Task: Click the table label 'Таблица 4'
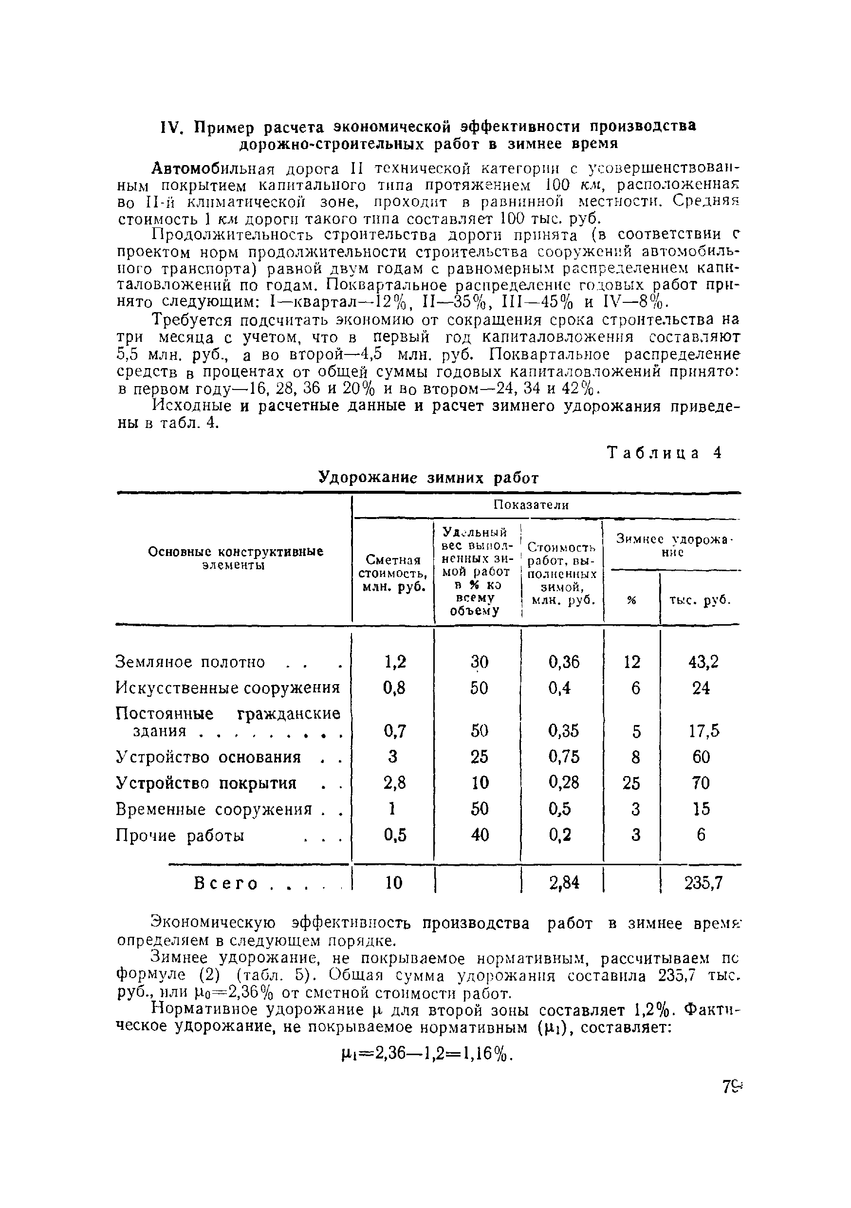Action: tap(665, 453)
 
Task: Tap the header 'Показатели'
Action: tap(531, 505)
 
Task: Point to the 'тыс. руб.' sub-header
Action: tap(700, 600)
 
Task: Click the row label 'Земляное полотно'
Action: tap(190, 662)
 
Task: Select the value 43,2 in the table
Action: tap(703, 662)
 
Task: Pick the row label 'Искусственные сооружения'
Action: tap(228, 688)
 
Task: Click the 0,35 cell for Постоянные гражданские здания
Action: tap(563, 731)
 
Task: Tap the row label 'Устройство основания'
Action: tap(208, 757)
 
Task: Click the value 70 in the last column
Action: tap(701, 783)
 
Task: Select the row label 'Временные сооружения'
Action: tap(214, 809)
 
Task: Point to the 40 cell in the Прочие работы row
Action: tap(479, 835)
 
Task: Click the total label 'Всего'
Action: tap(226, 883)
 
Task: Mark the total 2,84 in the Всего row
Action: tap(564, 883)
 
